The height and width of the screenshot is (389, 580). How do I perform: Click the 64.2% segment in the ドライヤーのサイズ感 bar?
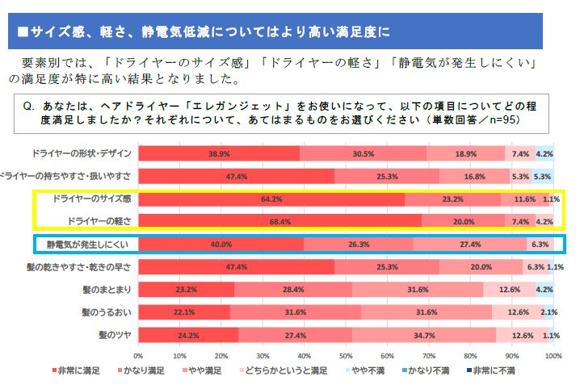click(271, 198)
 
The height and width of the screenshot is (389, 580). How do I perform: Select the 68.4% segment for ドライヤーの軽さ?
click(279, 220)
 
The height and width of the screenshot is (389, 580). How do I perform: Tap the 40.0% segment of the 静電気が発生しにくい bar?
click(221, 244)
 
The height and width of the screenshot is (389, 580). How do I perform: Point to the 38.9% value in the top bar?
click(218, 153)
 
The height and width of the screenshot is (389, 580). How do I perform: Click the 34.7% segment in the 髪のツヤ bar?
click(423, 334)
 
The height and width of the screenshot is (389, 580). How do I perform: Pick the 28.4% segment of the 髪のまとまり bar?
click(293, 289)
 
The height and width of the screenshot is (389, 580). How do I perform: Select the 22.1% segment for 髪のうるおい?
click(184, 312)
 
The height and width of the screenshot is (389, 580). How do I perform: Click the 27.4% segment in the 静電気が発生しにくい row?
click(470, 244)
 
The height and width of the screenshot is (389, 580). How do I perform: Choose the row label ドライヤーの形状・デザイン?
click(83, 153)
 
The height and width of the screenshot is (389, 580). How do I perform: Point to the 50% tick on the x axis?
click(346, 355)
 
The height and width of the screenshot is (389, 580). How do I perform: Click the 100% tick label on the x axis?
click(553, 355)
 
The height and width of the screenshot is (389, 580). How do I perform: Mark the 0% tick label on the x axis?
click(138, 355)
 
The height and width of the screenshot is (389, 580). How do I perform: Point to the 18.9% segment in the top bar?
click(466, 153)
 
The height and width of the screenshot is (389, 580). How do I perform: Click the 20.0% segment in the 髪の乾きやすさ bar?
click(481, 266)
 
